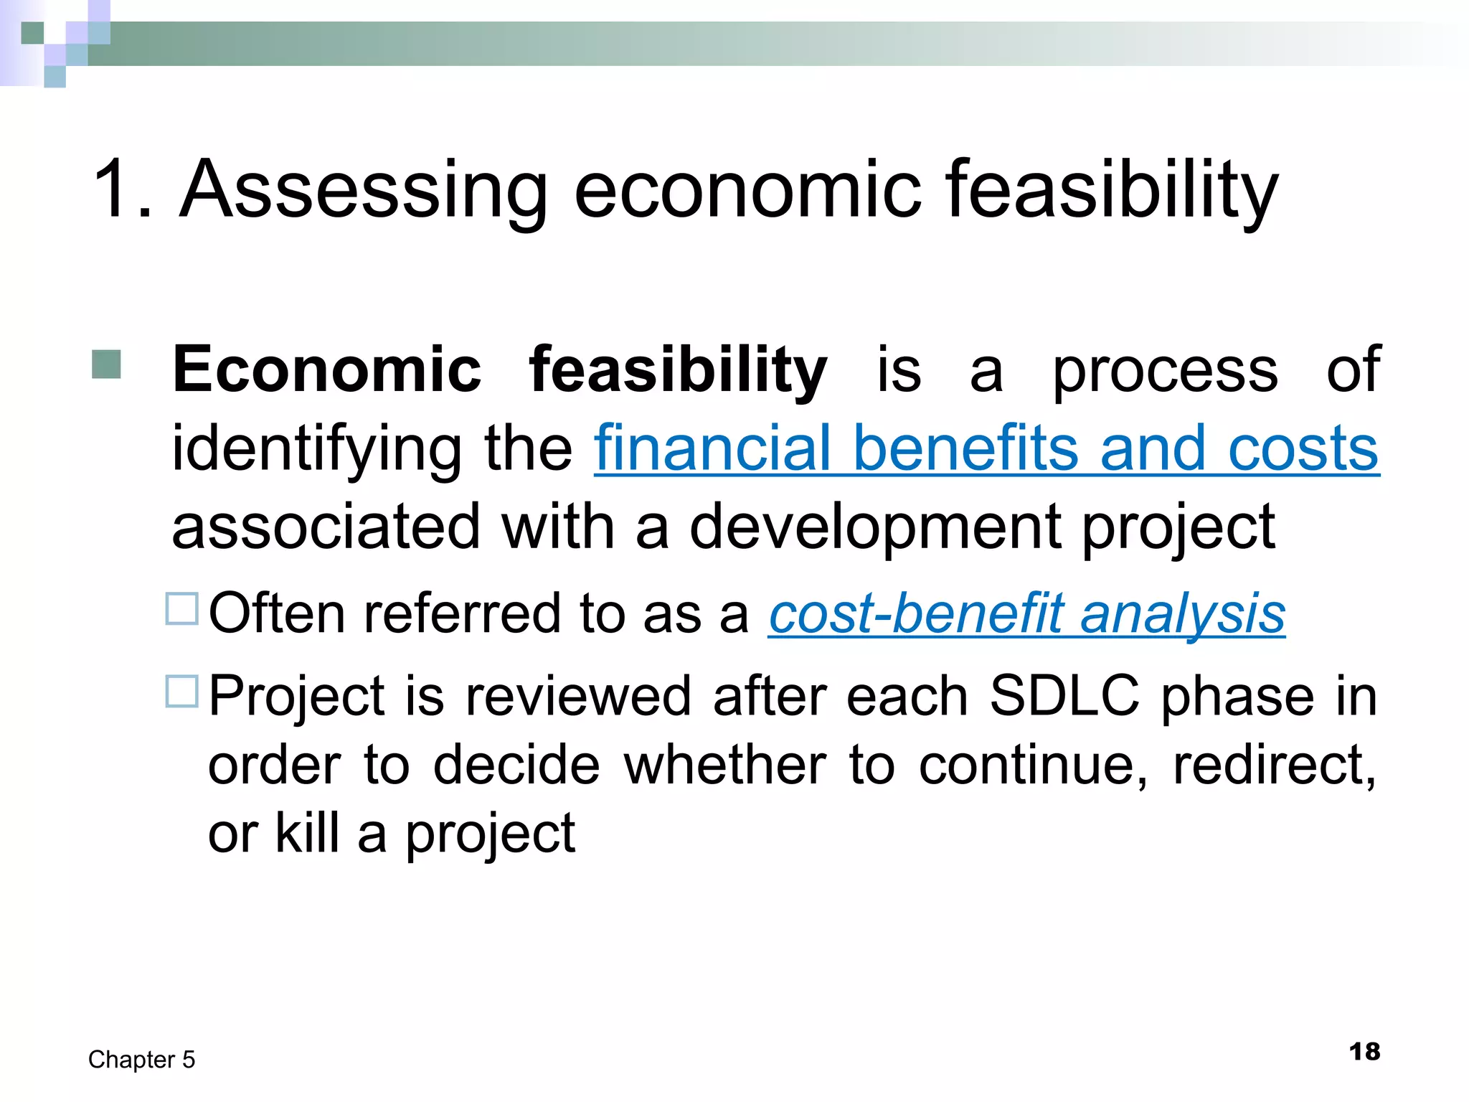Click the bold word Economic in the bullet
(x=326, y=370)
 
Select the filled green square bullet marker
(x=106, y=364)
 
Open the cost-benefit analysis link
(x=1026, y=614)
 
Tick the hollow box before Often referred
(x=181, y=609)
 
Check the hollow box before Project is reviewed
(x=181, y=692)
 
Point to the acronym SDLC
(x=1064, y=696)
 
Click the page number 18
(x=1364, y=1052)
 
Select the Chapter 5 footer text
(x=141, y=1060)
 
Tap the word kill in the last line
(x=307, y=834)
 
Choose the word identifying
(x=316, y=451)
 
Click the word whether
(x=724, y=766)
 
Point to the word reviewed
(x=577, y=696)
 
